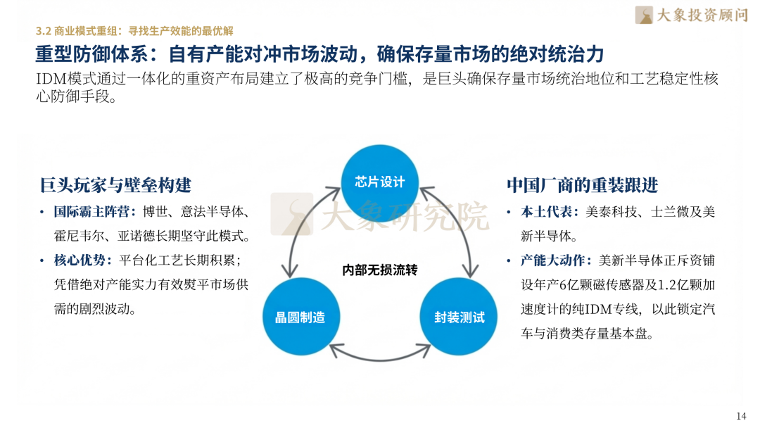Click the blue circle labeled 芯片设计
(x=379, y=182)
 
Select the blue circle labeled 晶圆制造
(x=300, y=317)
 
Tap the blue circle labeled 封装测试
(x=459, y=317)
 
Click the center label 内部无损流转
(x=380, y=270)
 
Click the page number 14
(x=740, y=415)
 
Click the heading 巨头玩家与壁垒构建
(x=115, y=185)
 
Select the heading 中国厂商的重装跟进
(x=583, y=185)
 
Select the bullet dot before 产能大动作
(x=510, y=260)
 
